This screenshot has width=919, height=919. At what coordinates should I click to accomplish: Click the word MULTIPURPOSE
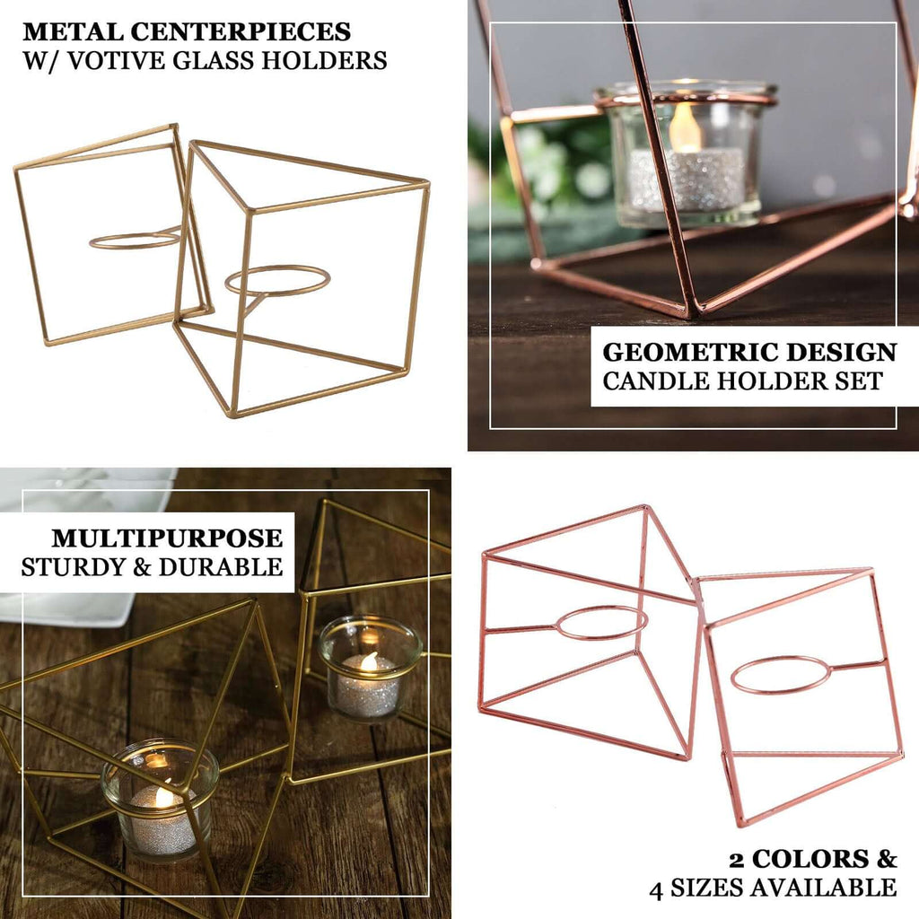pyautogui.click(x=167, y=538)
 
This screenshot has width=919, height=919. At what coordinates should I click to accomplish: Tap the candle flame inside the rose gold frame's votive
pyautogui.click(x=685, y=127)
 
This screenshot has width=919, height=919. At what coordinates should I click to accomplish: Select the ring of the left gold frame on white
pyautogui.click(x=136, y=240)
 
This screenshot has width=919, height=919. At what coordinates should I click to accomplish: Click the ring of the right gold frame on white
pyautogui.click(x=277, y=280)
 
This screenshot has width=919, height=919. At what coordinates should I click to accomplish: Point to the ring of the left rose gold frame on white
pyautogui.click(x=601, y=622)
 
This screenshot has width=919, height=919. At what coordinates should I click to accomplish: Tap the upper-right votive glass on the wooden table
pyautogui.click(x=370, y=667)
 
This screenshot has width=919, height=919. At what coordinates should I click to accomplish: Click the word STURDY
pyautogui.click(x=72, y=567)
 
